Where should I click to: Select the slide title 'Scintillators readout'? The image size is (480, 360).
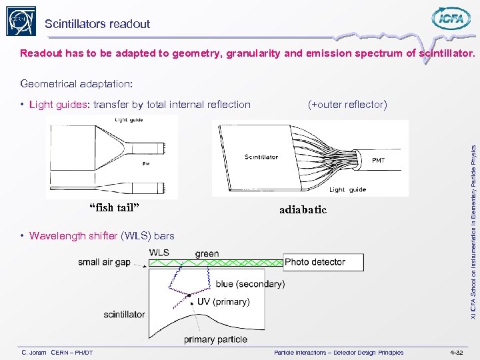[x=97, y=24]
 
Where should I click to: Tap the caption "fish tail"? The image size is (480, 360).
[x=114, y=207]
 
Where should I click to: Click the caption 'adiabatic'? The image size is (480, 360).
[x=303, y=209]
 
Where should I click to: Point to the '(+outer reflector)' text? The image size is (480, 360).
[x=347, y=104]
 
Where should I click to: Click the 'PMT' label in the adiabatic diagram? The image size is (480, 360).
[x=378, y=160]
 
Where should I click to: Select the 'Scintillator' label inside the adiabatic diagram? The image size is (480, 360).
[x=261, y=157]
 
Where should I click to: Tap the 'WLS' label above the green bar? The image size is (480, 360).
[x=159, y=253]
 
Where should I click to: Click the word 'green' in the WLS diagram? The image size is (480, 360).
[x=207, y=253]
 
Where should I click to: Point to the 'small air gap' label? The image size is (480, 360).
[x=105, y=262]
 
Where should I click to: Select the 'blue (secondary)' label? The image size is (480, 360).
[x=250, y=284]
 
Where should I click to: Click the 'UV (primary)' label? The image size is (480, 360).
[x=223, y=301]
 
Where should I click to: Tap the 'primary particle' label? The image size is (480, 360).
[x=215, y=339]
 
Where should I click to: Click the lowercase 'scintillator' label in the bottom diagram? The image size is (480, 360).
[x=124, y=314]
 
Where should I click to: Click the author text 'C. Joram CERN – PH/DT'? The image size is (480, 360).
[x=57, y=352]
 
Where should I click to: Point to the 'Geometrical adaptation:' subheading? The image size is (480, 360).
[x=77, y=84]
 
